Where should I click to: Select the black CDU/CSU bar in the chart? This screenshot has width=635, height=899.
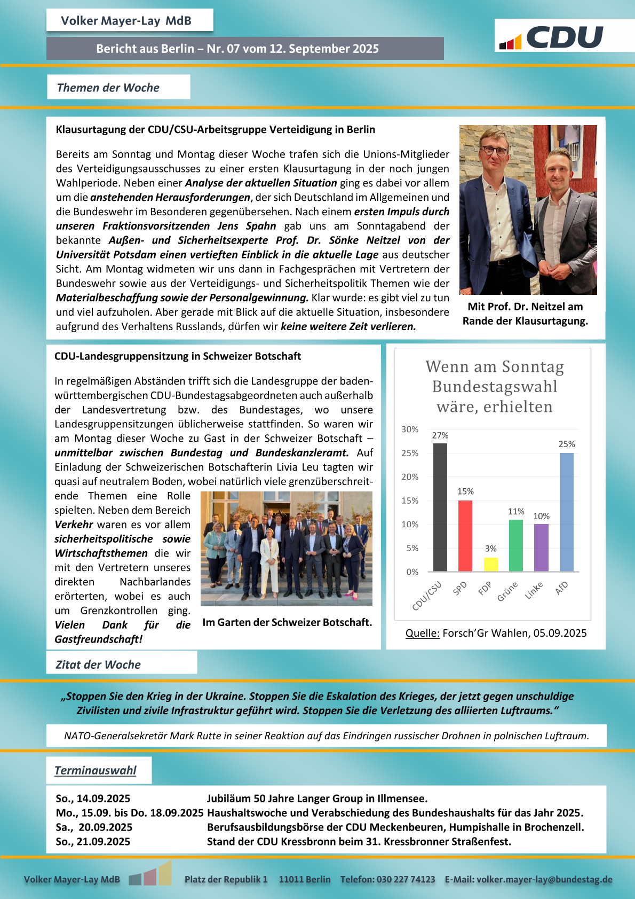(440, 507)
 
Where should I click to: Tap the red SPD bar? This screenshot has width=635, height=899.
(465, 536)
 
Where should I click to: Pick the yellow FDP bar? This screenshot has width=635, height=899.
(490, 565)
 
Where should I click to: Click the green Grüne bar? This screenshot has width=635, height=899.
(516, 545)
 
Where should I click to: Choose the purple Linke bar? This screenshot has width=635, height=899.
(541, 548)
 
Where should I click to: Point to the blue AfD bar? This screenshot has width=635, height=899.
(567, 512)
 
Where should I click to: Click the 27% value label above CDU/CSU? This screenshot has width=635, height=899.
(440, 435)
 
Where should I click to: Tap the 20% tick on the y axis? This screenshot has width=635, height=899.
(410, 477)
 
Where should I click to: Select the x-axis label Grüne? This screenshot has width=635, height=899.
(507, 591)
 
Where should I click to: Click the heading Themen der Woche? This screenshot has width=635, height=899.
(108, 88)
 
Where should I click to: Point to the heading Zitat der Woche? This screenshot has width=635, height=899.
(98, 665)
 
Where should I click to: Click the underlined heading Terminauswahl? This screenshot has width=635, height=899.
(96, 770)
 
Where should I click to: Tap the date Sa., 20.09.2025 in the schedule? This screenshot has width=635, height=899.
(94, 827)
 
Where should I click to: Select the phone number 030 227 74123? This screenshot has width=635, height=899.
(406, 879)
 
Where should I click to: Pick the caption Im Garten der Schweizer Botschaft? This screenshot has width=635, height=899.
(287, 622)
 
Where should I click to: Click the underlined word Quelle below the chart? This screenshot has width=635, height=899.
(422, 633)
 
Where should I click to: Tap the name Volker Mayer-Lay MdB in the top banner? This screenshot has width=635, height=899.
(126, 21)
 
